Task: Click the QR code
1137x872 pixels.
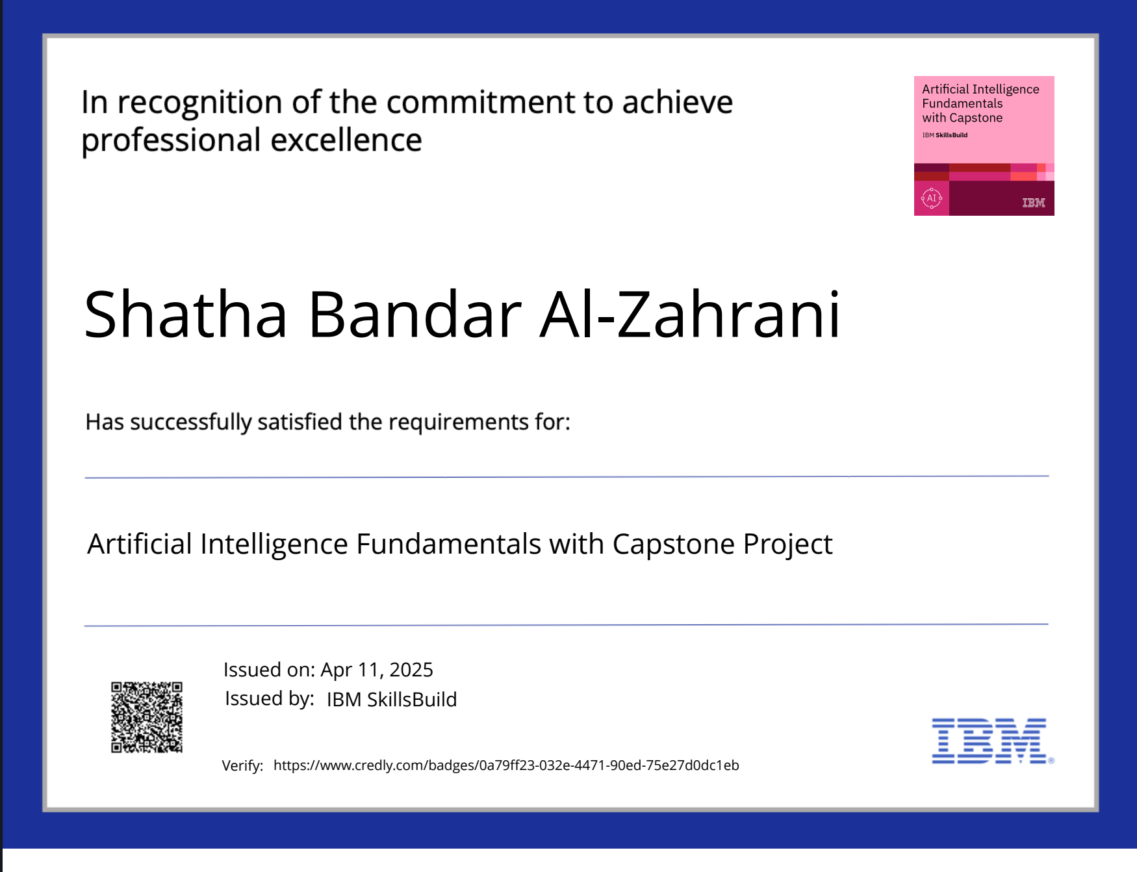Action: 147,717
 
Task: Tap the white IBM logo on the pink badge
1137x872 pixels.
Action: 1034,203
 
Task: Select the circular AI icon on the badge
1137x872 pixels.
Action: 932,198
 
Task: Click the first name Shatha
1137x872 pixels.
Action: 186,314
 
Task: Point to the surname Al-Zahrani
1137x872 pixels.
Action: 691,314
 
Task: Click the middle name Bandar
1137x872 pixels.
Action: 415,314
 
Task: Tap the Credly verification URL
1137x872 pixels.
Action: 506,765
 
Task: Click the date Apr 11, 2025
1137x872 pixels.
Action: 377,670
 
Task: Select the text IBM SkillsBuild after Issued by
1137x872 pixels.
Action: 392,699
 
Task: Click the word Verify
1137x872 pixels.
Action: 242,766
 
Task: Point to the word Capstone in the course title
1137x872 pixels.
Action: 673,545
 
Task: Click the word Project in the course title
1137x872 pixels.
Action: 788,545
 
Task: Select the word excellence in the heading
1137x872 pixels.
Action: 346,140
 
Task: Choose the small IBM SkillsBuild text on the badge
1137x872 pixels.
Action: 945,135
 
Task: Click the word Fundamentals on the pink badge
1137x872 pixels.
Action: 962,104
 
